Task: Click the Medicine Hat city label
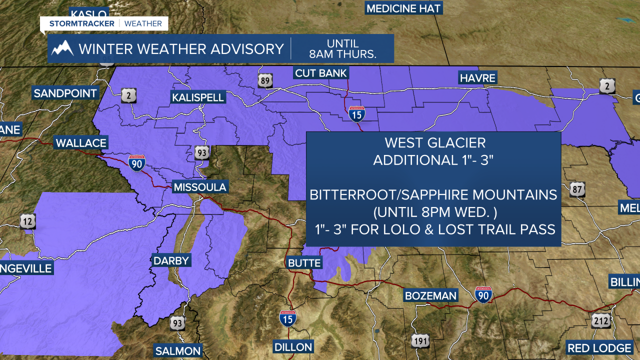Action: (404, 8)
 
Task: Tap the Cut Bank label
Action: (321, 73)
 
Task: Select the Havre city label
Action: (477, 78)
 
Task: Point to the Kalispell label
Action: (198, 97)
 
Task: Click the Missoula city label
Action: (200, 187)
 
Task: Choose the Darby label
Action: (171, 260)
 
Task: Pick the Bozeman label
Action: (430, 295)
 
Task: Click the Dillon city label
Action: (293, 346)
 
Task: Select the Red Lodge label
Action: (599, 347)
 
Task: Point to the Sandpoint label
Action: (65, 93)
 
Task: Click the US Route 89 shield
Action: (265, 81)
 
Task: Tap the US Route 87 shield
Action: (577, 189)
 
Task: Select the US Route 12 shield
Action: (28, 220)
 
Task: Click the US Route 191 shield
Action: (420, 341)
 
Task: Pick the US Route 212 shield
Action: (600, 320)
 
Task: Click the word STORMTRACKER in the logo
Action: (82, 23)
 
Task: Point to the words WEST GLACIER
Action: (434, 143)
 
